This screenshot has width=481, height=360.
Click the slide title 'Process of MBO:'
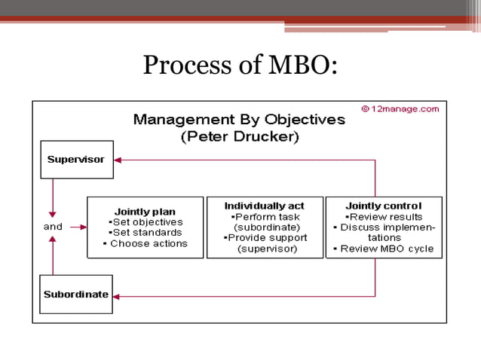click(240, 66)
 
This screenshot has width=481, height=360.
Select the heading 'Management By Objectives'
click(239, 120)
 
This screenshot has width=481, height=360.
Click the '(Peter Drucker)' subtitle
click(240, 137)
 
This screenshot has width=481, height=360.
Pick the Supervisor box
click(76, 160)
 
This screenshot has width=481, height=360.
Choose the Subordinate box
click(76, 294)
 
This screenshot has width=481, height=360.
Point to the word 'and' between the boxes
click(53, 227)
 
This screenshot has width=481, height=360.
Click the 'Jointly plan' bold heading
click(145, 212)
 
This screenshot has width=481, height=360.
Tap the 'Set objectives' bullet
click(146, 222)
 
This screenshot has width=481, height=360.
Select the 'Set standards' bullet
click(146, 233)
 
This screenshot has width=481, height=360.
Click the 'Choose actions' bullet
click(146, 243)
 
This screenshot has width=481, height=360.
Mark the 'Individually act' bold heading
click(265, 206)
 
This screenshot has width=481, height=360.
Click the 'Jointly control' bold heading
click(384, 206)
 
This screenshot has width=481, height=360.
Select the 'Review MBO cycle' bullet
click(384, 249)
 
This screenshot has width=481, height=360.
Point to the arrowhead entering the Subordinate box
click(117, 295)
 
